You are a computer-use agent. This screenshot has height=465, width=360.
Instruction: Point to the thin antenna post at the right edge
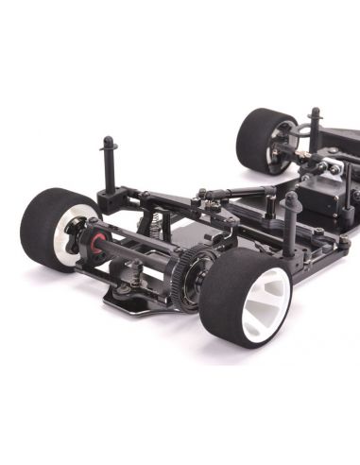coord(349,184)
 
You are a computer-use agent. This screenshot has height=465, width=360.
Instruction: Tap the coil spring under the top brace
coord(146,226)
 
